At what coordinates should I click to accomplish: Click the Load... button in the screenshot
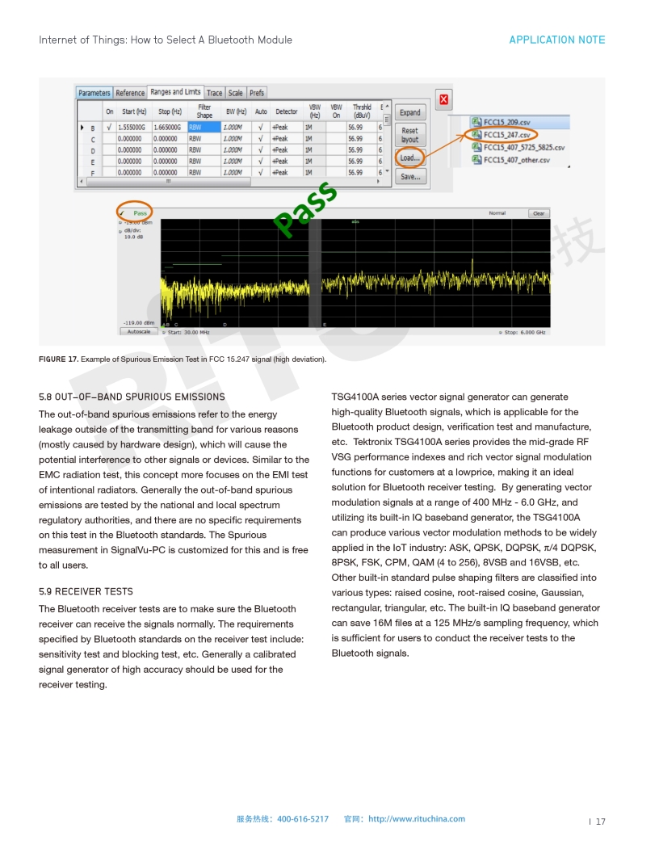[x=410, y=158]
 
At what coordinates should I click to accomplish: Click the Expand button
[x=410, y=112]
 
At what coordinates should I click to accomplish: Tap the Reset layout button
[x=410, y=135]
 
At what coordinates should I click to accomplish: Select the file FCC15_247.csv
[x=507, y=135]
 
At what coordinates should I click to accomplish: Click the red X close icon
[x=443, y=100]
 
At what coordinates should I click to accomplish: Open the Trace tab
[x=215, y=93]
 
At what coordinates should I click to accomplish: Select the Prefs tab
[x=257, y=93]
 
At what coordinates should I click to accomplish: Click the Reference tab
[x=130, y=93]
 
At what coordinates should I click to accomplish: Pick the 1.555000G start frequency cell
[x=132, y=128]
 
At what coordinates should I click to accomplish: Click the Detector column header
[x=287, y=111]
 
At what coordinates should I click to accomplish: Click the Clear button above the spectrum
[x=539, y=213]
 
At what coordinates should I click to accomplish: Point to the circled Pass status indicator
[x=135, y=213]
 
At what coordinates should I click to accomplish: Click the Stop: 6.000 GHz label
[x=524, y=332]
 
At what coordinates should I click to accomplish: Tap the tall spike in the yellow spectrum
[x=472, y=267]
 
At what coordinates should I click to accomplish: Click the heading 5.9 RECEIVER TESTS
[x=86, y=591]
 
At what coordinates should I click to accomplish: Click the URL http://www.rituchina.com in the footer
[x=417, y=819]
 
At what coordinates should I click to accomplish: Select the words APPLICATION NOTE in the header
[x=556, y=40]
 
